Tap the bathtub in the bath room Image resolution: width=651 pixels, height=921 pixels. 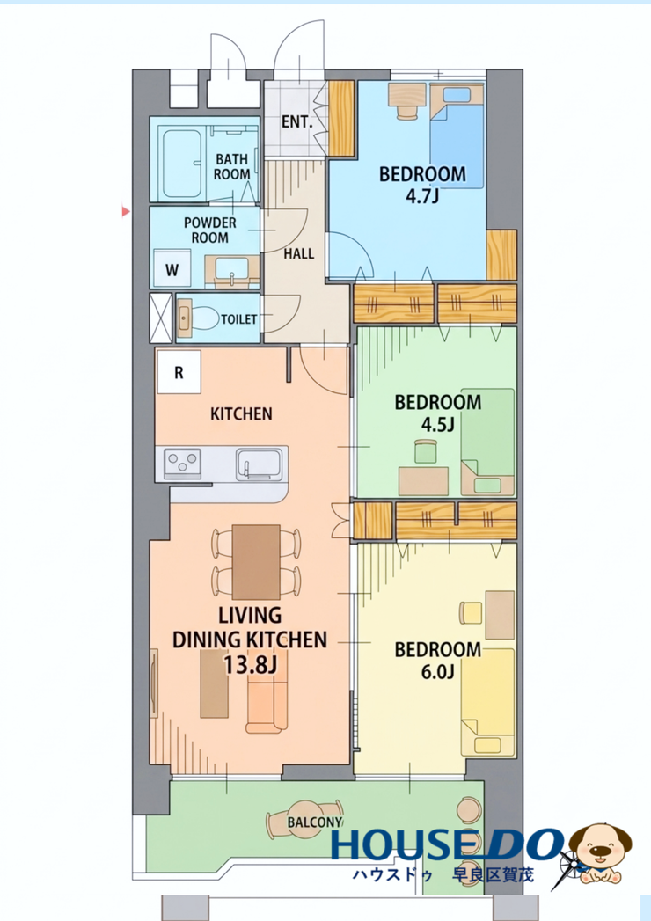(x=183, y=164)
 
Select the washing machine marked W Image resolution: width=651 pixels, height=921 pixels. (x=172, y=269)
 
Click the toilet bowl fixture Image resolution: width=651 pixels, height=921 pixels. (x=198, y=319)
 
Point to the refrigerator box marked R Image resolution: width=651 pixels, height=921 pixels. (x=179, y=372)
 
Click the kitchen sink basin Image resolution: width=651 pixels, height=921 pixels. (x=260, y=464)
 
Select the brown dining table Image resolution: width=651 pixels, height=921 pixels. (x=256, y=561)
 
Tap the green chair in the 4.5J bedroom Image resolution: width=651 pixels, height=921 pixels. (x=427, y=451)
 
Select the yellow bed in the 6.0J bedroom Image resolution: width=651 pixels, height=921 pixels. (x=487, y=702)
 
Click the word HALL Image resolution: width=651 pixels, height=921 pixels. (x=299, y=253)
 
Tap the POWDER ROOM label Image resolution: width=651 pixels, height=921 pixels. (x=209, y=230)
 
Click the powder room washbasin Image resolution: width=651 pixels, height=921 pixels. (x=232, y=271)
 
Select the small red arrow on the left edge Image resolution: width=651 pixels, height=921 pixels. (x=125, y=211)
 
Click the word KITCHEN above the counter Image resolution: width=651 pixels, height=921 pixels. (x=241, y=413)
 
